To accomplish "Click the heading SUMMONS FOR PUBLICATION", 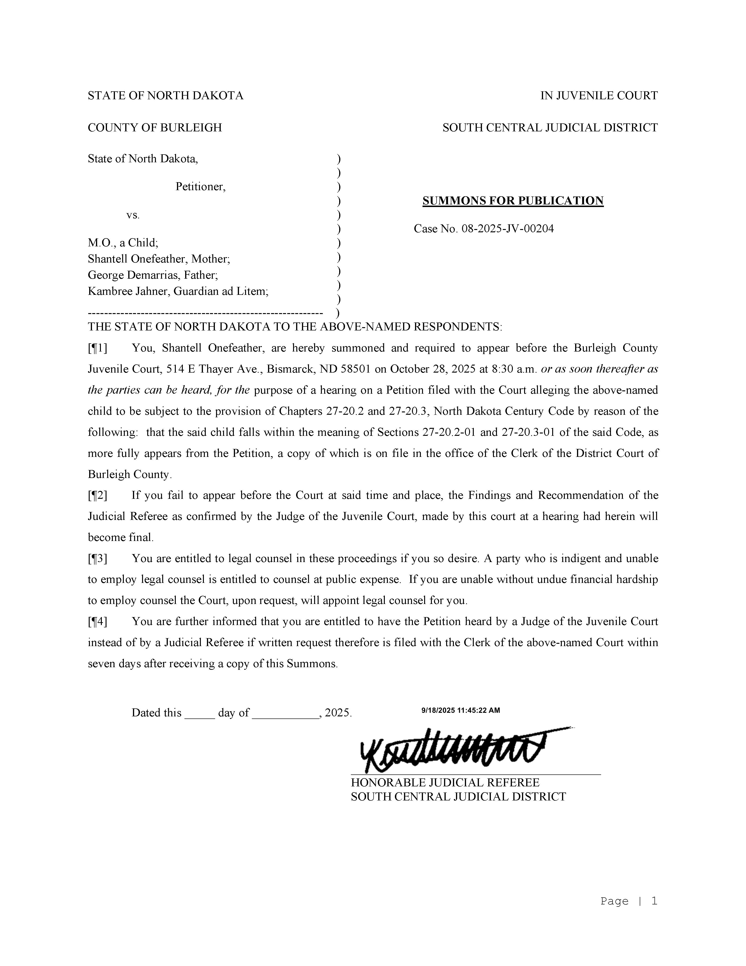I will [513, 201].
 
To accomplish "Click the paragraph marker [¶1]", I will [97, 348].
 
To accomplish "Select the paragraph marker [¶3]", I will [97, 559].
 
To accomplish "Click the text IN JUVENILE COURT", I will [599, 96].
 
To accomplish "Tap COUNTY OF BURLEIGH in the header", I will [155, 128].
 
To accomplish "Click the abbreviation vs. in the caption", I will [133, 215].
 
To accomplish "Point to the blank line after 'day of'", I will [286, 713].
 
